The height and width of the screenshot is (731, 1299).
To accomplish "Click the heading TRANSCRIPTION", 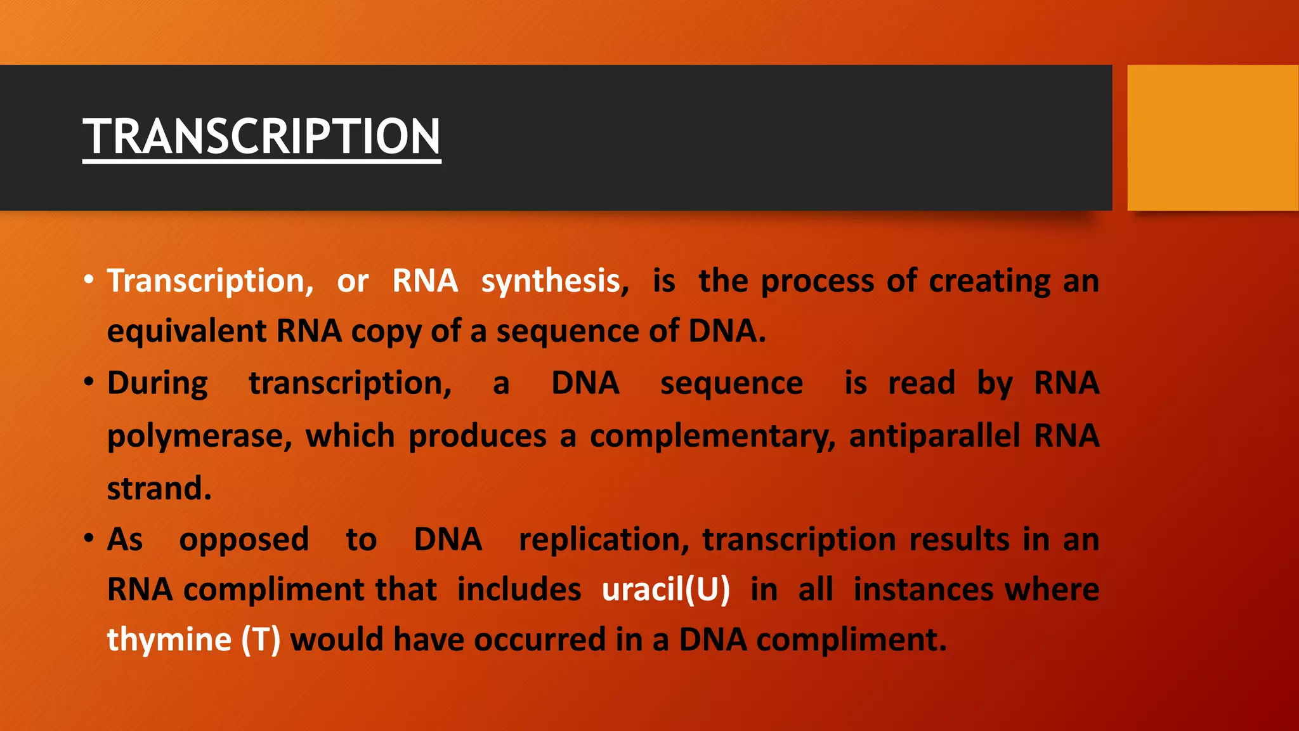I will tap(261, 136).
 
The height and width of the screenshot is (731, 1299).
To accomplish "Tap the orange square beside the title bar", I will tap(1212, 138).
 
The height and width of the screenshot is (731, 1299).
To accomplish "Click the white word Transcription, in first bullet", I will tap(210, 281).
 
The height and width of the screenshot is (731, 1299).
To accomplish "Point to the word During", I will tap(157, 384).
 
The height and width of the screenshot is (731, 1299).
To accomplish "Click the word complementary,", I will tap(712, 437).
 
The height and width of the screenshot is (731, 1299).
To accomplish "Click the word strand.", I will tap(159, 489).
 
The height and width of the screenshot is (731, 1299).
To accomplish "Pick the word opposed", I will tap(244, 540).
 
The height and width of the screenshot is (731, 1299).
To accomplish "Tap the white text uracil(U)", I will tap(665, 589).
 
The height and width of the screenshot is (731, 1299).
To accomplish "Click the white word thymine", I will tap(169, 640).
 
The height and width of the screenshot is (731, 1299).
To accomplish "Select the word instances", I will tap(923, 589).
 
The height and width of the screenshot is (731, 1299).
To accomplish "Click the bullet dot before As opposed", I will tap(89, 539).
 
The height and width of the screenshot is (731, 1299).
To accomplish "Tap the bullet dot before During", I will tap(89, 382).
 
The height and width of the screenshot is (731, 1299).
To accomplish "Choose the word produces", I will tap(477, 437).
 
